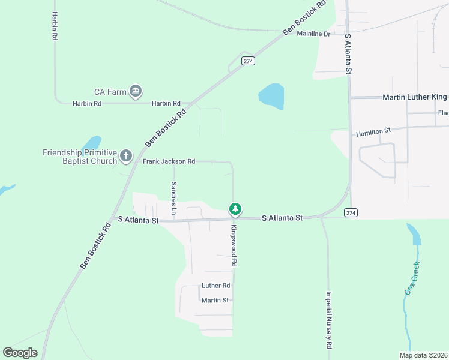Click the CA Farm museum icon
[136, 91]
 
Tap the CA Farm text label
[110, 92]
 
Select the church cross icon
[126, 156]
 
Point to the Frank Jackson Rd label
[169, 161]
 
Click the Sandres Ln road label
[173, 198]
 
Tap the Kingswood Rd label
[234, 246]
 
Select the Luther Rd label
[216, 286]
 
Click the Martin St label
[215, 300]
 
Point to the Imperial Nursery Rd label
[329, 320]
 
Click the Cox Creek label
[412, 277]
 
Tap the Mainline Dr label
[313, 34]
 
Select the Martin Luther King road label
[415, 97]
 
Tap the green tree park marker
[235, 209]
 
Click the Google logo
[20, 353]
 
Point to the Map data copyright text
[423, 355]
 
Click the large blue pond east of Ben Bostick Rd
[271, 96]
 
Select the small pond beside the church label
[92, 143]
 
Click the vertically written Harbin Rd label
[55, 25]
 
